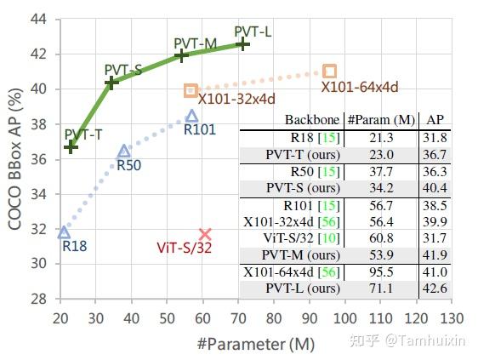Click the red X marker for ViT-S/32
[x=205, y=234]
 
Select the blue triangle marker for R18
[x=64, y=231]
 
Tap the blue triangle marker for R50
[x=123, y=151]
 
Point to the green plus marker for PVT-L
[x=242, y=43]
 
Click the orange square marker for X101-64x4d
[x=330, y=71]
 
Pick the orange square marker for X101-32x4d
[x=191, y=90]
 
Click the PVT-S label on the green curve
[x=123, y=69]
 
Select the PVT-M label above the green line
[x=194, y=43]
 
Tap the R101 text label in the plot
[x=200, y=129]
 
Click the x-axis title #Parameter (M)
[x=254, y=345]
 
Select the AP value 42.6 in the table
[x=435, y=289]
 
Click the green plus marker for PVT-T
[x=71, y=146]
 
